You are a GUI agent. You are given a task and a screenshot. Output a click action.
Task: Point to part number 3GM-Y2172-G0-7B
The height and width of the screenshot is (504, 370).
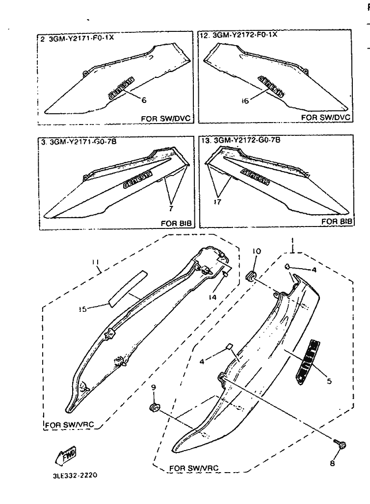[245, 140]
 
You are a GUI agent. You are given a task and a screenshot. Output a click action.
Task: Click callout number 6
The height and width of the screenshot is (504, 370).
[143, 100]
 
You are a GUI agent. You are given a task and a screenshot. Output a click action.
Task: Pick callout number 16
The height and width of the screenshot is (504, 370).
[245, 101]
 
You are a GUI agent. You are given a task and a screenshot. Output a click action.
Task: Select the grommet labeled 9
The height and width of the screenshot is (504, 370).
[154, 407]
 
